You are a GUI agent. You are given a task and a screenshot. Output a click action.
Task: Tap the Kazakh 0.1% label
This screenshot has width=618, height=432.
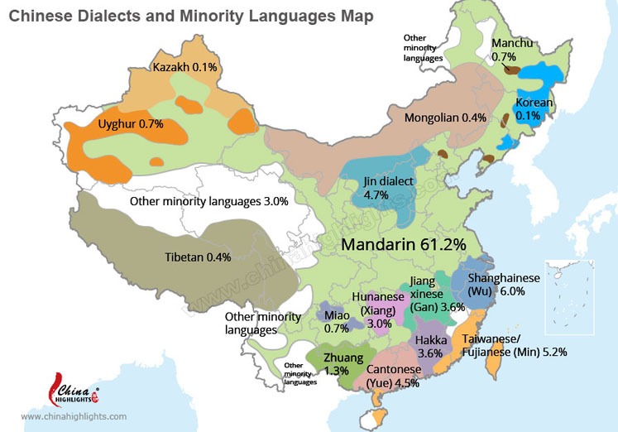183,65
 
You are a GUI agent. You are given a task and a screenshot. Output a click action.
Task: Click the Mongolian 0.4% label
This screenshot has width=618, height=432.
445,118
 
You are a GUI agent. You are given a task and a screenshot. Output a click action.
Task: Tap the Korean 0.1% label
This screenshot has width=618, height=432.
534,109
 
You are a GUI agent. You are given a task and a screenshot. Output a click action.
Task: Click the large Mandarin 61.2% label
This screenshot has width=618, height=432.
405,244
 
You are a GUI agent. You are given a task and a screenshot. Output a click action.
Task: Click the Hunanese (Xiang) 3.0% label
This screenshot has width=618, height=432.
379,310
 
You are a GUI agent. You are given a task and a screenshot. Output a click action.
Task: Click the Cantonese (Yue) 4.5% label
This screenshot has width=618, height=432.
387,376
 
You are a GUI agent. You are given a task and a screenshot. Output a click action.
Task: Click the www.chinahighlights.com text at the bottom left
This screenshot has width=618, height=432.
74,417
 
